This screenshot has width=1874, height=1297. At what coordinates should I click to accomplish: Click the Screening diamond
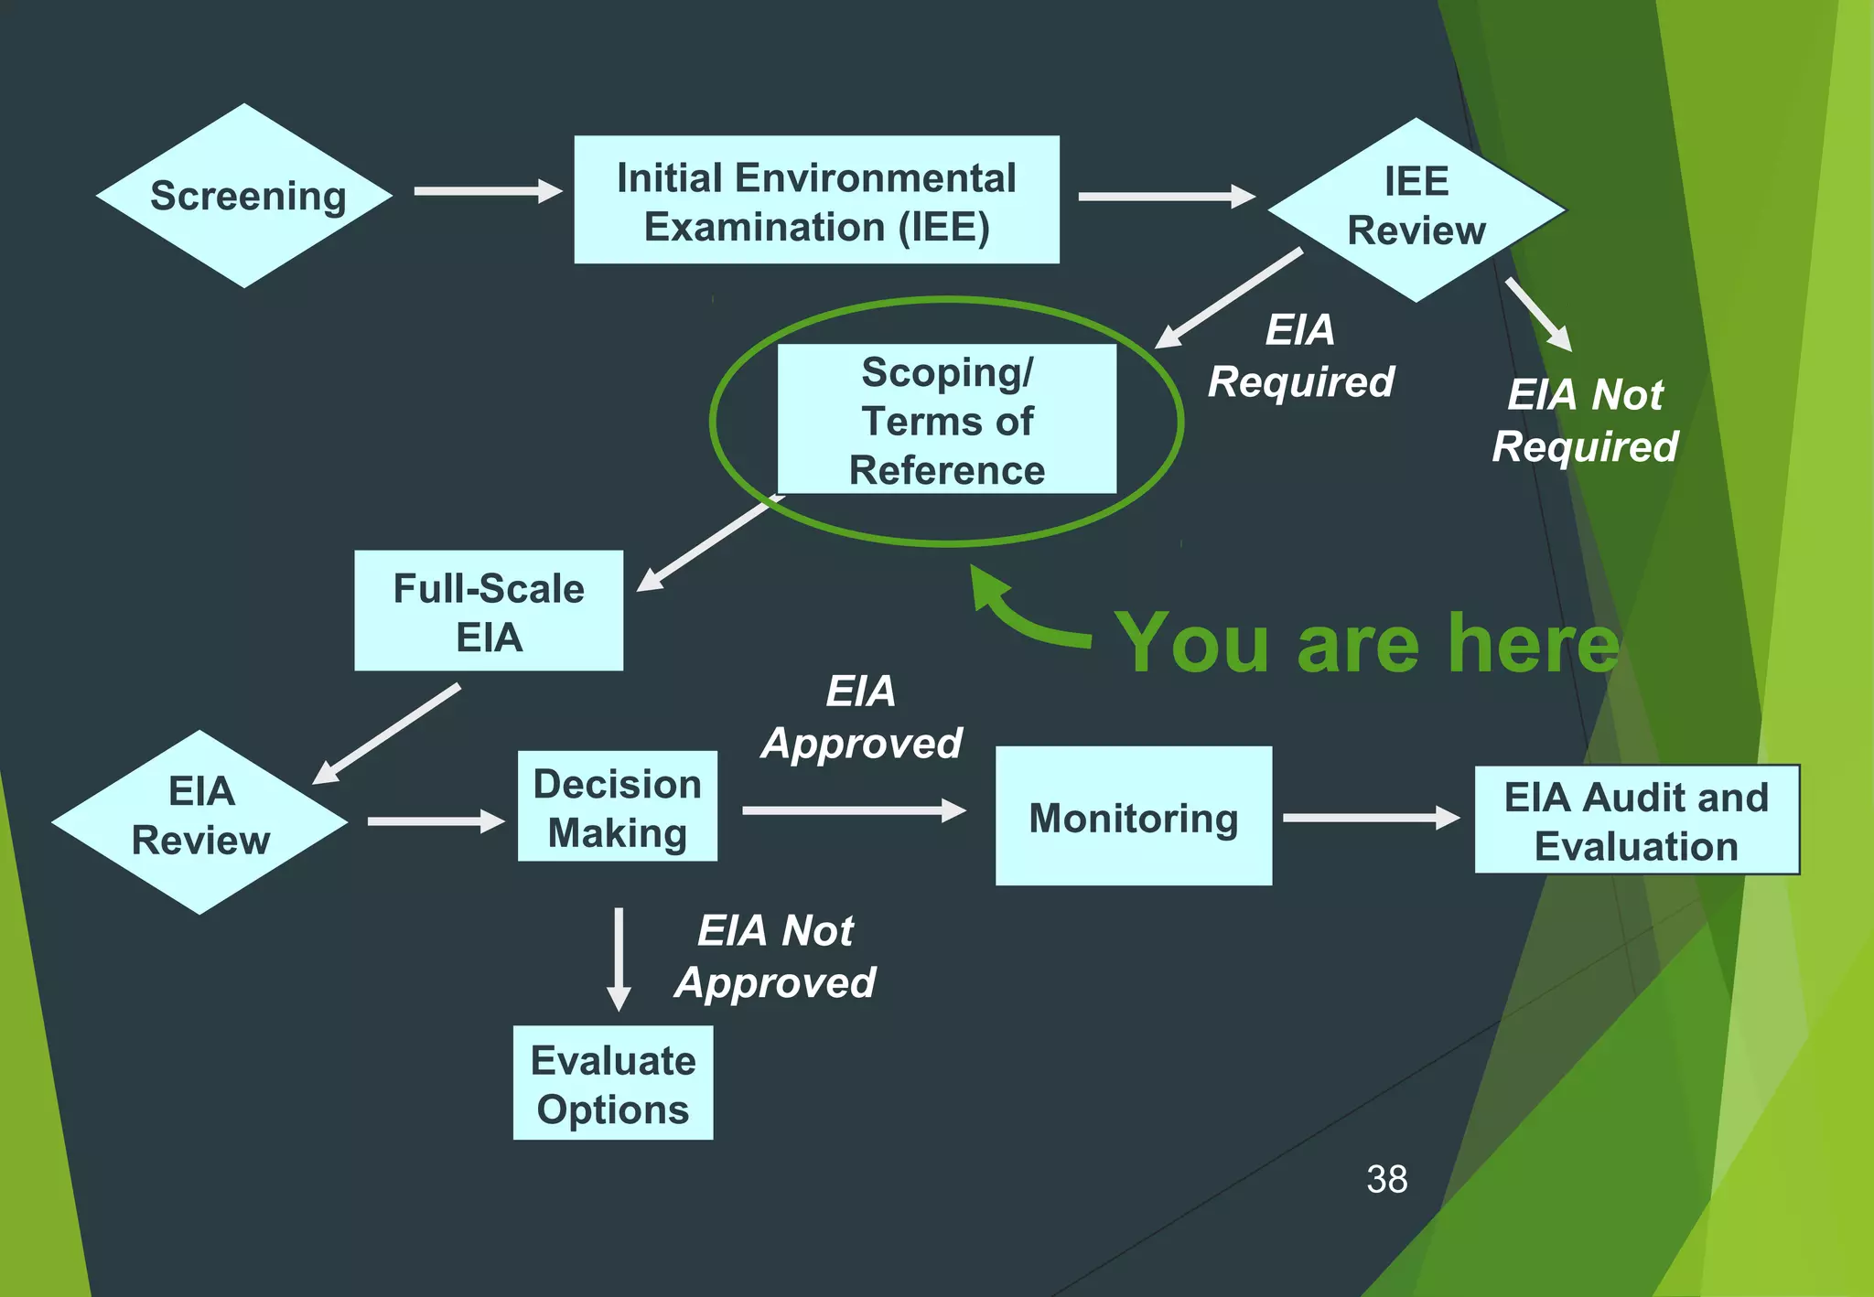point(244,196)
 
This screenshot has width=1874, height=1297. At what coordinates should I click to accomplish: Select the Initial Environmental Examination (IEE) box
point(816,200)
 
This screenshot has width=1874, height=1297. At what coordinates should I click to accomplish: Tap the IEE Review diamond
point(1416,209)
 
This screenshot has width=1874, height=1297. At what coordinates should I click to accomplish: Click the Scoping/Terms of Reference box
point(946,420)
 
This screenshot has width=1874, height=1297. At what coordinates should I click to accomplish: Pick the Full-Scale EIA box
point(489,611)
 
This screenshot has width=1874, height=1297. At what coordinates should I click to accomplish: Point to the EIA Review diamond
point(200,820)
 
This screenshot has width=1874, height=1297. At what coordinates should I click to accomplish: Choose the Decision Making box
point(617,807)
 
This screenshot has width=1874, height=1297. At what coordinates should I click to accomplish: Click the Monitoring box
point(1133,816)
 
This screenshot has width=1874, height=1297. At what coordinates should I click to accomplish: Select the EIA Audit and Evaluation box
point(1636,820)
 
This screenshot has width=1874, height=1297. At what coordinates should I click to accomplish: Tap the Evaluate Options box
point(612,1083)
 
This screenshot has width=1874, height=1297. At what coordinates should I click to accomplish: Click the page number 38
point(1386,1179)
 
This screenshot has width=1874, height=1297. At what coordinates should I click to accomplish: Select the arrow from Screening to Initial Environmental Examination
point(488,191)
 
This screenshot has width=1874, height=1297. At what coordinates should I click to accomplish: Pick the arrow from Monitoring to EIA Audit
point(1371,817)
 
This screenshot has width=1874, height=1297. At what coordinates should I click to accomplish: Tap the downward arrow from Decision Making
point(619,959)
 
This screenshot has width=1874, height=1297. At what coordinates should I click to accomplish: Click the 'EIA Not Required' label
point(1585,421)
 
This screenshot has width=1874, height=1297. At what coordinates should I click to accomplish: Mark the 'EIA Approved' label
point(861,717)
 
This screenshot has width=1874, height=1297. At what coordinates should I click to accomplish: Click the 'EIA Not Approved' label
point(775,957)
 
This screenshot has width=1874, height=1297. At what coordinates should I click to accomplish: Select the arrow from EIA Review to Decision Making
point(436,820)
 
